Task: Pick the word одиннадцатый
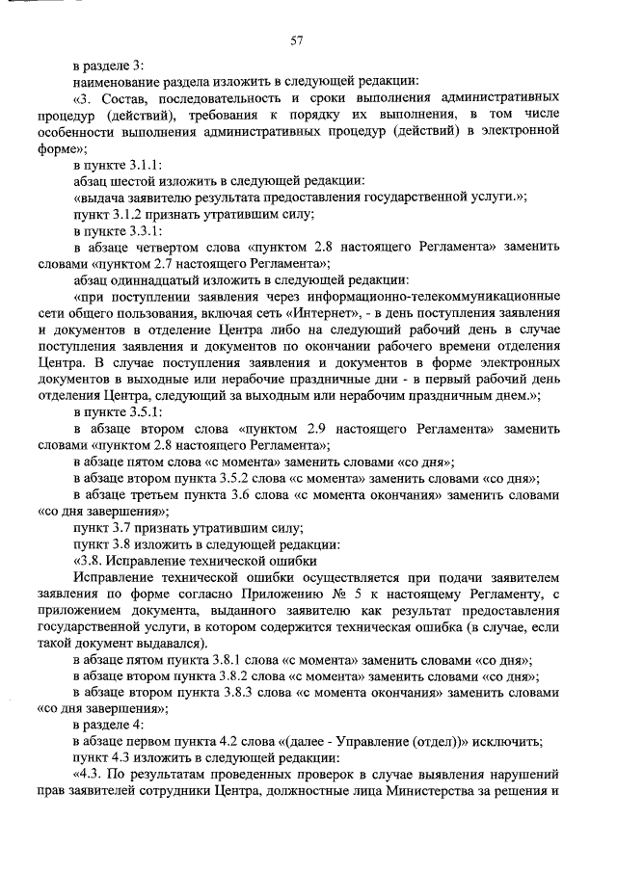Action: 145,279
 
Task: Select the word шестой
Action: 135,180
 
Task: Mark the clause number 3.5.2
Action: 233,478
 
